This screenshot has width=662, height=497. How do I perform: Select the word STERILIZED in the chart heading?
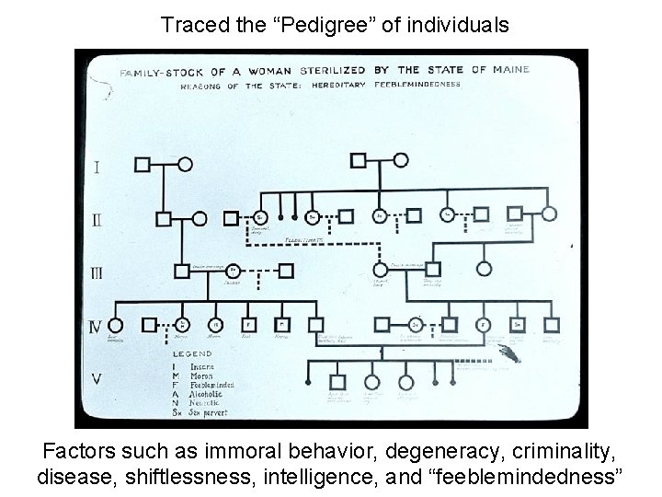(316, 70)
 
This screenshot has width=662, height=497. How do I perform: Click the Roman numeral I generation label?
(97, 167)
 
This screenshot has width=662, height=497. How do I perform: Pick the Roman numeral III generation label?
(97, 273)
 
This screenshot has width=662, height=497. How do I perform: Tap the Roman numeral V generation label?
(97, 378)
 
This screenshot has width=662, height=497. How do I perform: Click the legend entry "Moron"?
(202, 374)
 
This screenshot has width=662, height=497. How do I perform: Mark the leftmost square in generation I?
(143, 165)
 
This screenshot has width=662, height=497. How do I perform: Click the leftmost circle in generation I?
(184, 165)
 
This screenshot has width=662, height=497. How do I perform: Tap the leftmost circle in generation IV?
(115, 324)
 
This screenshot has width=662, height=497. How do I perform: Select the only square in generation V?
(337, 381)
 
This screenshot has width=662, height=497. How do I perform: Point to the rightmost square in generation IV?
(552, 324)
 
